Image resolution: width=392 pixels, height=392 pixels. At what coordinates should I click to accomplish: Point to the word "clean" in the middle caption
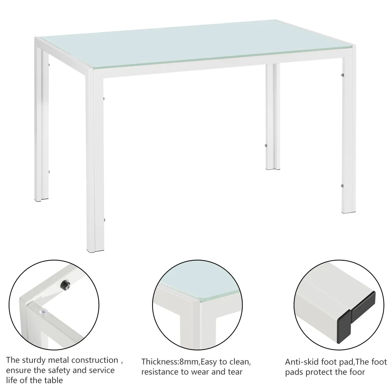(x=238, y=361)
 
